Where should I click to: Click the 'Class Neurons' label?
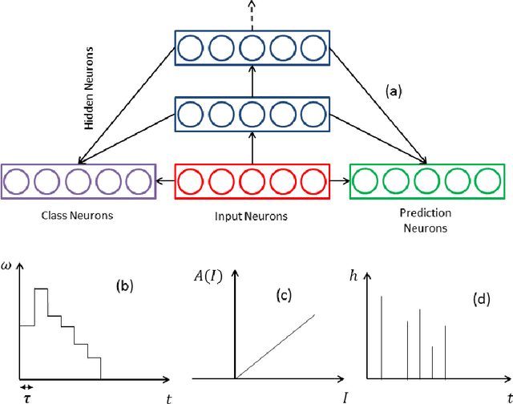click(76, 216)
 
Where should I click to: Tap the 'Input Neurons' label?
click(252, 216)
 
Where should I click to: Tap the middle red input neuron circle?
click(252, 182)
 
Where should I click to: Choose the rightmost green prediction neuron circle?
click(487, 182)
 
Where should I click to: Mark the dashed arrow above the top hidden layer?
click(252, 14)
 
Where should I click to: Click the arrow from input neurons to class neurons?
click(164, 182)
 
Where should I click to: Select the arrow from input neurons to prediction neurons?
click(340, 182)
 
